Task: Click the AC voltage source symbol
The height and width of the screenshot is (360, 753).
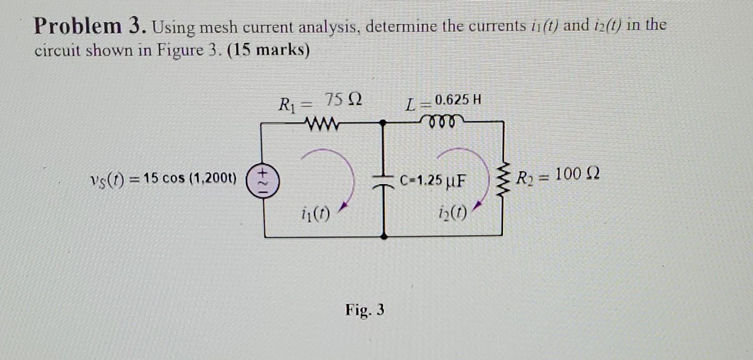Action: click(263, 179)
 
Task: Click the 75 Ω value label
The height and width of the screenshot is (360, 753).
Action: click(344, 100)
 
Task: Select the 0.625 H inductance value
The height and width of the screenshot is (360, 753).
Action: click(458, 100)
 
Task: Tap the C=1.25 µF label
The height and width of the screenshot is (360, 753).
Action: click(433, 180)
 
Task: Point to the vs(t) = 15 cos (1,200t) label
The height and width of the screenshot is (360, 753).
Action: click(163, 179)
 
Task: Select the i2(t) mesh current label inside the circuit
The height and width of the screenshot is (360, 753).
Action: click(453, 212)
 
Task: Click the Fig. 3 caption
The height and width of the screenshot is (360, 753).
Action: click(364, 310)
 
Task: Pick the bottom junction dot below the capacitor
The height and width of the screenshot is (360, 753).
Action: click(384, 236)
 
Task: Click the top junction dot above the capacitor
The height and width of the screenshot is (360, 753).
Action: click(383, 122)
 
